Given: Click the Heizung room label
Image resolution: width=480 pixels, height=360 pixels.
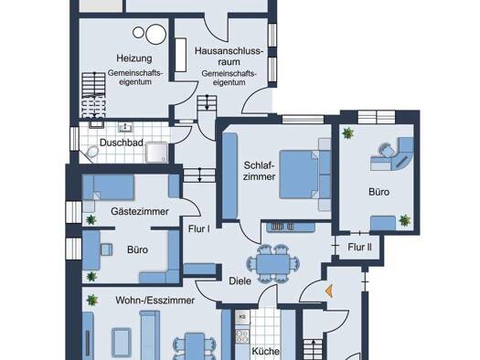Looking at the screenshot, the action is click(x=134, y=58).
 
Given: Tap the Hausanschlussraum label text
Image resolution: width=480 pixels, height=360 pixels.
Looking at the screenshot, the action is click(x=229, y=57).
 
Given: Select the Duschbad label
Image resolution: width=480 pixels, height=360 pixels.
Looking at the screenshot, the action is click(x=122, y=143).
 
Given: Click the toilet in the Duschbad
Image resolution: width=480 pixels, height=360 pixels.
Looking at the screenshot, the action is click(x=92, y=152).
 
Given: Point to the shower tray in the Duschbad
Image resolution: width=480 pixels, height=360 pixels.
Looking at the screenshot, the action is click(x=156, y=152).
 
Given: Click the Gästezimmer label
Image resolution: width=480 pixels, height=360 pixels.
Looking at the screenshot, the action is click(x=140, y=211).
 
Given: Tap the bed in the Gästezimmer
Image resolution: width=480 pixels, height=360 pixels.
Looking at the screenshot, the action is click(x=109, y=187).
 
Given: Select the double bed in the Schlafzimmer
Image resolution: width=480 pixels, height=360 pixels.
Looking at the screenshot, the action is click(x=304, y=175).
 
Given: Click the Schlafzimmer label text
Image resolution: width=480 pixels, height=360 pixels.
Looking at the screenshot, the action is click(x=259, y=171).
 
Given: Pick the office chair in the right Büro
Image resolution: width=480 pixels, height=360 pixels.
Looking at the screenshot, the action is click(x=388, y=151).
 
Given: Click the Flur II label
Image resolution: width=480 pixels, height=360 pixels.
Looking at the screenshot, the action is click(x=359, y=247).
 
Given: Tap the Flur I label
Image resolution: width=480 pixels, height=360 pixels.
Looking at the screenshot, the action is click(x=199, y=228).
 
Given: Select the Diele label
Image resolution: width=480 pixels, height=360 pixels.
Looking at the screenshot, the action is click(x=240, y=281).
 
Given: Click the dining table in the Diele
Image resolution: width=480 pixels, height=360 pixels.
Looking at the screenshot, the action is click(x=273, y=264).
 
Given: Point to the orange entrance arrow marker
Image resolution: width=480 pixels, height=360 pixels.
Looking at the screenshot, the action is click(x=329, y=291).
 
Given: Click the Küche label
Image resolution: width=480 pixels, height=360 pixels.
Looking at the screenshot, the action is click(x=265, y=351).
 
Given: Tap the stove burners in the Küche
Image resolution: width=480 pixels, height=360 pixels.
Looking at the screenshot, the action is click(x=242, y=336).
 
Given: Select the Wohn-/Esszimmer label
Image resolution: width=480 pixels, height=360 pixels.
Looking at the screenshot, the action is click(x=155, y=301).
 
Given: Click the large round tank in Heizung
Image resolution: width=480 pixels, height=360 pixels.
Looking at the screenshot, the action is click(x=155, y=34).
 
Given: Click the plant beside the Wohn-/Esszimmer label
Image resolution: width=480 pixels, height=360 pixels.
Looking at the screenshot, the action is click(x=91, y=300).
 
